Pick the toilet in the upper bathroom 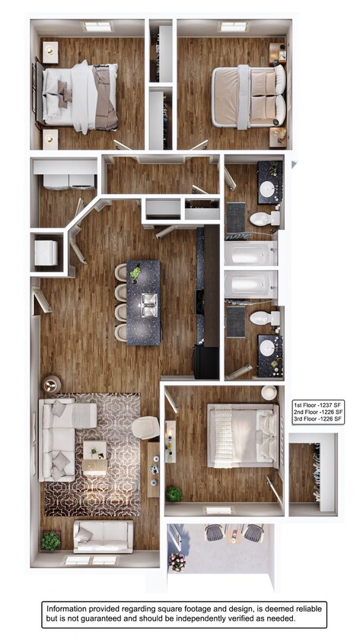click(263, 219)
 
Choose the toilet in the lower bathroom click(263, 318)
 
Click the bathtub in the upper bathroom click(250, 253)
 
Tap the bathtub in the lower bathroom click(250, 286)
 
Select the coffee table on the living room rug click(96, 457)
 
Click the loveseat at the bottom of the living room click(104, 536)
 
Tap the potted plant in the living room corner click(51, 541)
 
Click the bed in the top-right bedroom click(248, 97)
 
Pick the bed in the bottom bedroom click(242, 435)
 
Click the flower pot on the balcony click(177, 561)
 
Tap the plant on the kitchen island click(136, 272)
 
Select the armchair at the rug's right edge click(145, 427)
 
